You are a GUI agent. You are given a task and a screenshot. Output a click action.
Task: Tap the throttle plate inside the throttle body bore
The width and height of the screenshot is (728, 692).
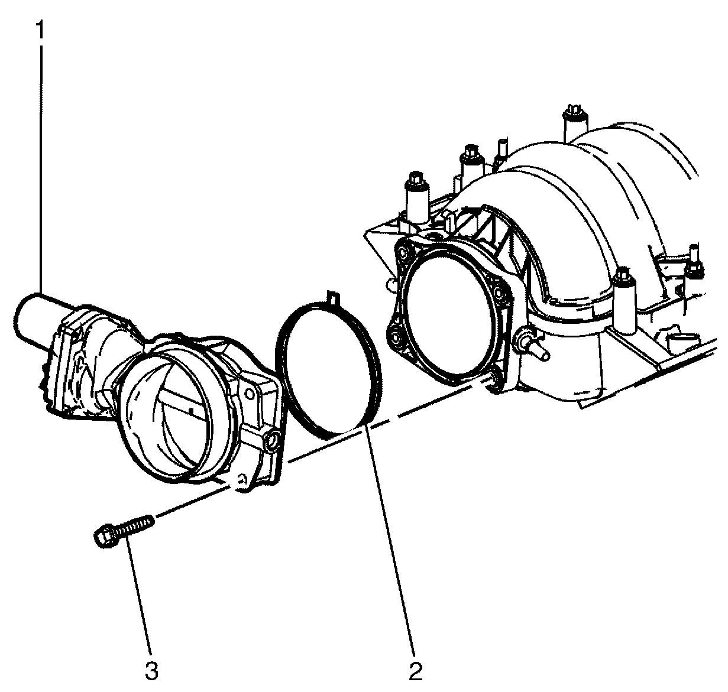click(178, 411)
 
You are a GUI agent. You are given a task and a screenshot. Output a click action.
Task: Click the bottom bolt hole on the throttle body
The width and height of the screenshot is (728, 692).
click(241, 480)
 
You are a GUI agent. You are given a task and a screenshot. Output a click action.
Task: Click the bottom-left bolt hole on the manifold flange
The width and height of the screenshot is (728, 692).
click(395, 337)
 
